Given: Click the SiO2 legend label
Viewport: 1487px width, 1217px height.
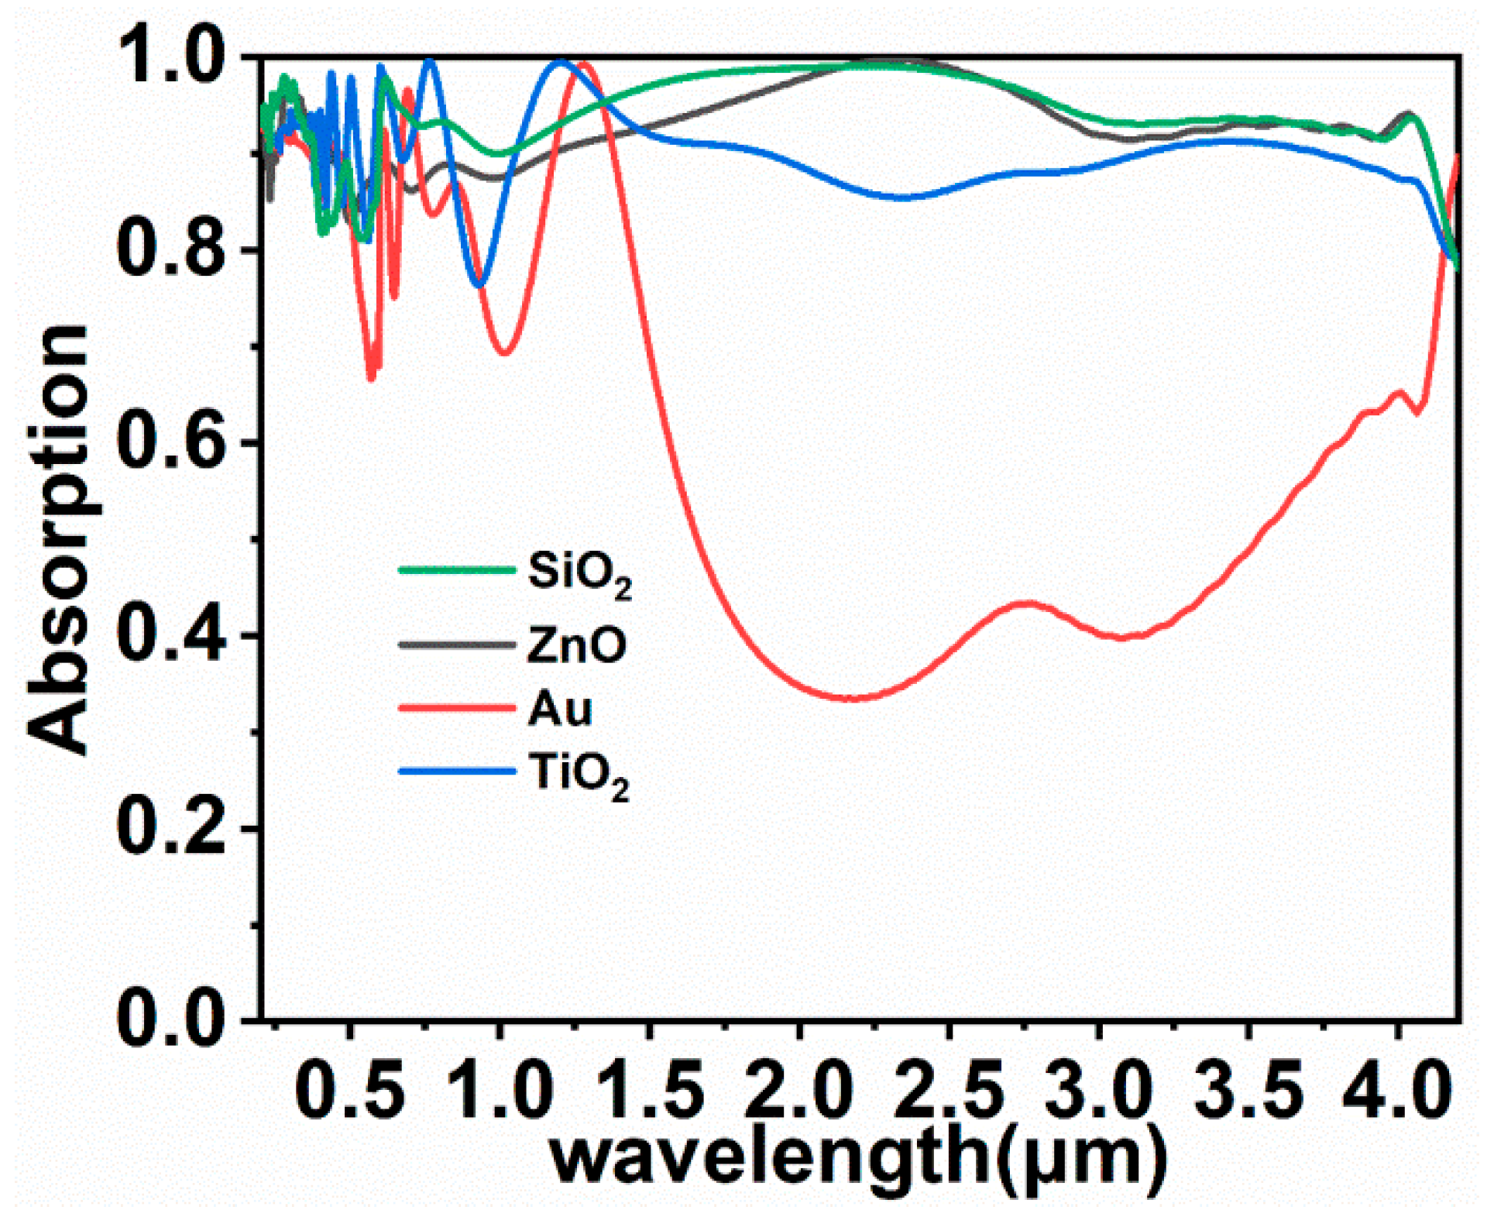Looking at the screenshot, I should (579, 575).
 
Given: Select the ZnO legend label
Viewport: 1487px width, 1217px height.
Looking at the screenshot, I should (576, 645).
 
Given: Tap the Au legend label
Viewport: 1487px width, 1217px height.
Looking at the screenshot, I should (560, 708).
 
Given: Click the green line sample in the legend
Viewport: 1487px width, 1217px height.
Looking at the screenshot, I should (457, 570).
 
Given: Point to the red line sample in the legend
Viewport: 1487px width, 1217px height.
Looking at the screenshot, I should (457, 706).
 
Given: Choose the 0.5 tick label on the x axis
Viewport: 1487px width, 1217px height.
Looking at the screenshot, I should (350, 1092).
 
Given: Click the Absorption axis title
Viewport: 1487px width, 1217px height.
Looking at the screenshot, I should (58, 538).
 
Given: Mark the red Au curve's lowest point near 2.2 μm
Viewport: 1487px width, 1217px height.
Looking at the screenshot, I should (852, 698).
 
